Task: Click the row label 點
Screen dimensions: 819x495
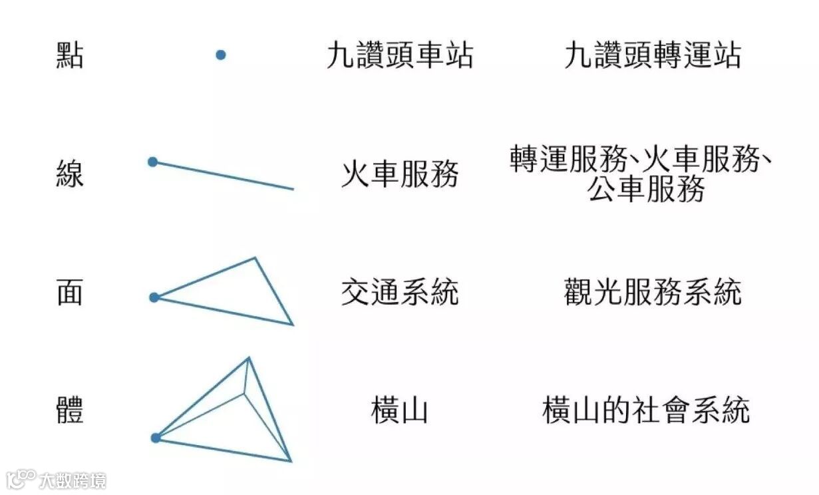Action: point(70,55)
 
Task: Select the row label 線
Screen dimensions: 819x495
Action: point(70,176)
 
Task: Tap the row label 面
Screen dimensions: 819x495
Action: point(70,292)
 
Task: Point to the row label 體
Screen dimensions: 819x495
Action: point(70,410)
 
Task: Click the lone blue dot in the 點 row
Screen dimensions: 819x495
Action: point(221,55)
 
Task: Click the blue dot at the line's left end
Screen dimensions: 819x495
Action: point(152,162)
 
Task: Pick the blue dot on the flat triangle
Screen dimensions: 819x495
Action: point(154,297)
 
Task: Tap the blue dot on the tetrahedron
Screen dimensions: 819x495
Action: point(156,438)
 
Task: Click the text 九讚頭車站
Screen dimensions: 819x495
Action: point(399,56)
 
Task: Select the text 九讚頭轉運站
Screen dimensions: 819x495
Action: point(652,56)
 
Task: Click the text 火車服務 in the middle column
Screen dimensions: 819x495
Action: point(399,176)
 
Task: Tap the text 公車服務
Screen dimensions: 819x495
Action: point(645,191)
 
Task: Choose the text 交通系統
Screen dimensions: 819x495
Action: point(399,292)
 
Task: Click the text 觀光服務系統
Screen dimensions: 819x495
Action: point(652,292)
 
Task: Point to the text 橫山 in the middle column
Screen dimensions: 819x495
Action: point(399,410)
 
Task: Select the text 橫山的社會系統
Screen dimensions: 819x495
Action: point(645,410)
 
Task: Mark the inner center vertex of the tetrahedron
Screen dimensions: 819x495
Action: point(244,392)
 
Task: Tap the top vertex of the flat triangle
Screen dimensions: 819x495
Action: point(255,258)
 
